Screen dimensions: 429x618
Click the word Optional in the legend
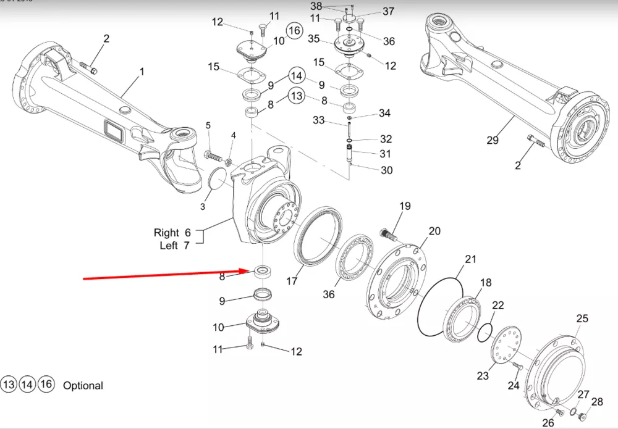(x=83, y=385)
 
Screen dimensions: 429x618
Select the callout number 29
(x=492, y=140)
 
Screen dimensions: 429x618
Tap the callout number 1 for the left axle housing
(x=142, y=72)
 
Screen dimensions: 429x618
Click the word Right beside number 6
(x=166, y=233)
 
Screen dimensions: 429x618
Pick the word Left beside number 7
(x=169, y=246)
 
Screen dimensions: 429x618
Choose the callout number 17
(x=292, y=281)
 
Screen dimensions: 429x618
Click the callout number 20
(x=434, y=231)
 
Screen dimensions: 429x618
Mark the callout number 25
(x=582, y=319)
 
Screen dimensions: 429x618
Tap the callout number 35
(x=314, y=39)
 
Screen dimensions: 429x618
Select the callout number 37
(x=388, y=12)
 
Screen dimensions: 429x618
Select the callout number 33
(x=318, y=120)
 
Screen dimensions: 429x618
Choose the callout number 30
(x=386, y=170)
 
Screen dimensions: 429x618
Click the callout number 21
(x=471, y=259)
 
